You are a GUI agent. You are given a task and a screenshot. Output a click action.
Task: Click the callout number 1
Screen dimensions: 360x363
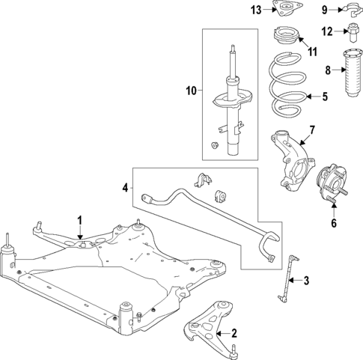[x=79, y=220]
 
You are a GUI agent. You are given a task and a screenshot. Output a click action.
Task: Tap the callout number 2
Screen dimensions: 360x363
[x=234, y=333]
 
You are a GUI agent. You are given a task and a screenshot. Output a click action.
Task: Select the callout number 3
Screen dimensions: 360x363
[x=305, y=281]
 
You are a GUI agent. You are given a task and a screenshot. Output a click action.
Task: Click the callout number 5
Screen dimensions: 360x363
[x=325, y=96]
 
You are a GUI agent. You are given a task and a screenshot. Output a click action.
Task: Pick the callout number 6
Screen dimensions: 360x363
[x=333, y=222]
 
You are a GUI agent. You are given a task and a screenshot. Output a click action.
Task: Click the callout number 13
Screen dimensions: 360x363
[x=256, y=10]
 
